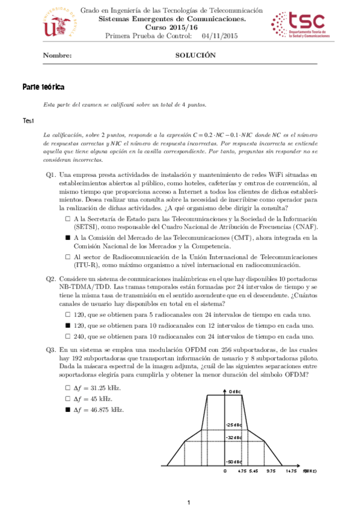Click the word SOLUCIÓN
195,55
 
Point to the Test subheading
28,121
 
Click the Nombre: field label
58,55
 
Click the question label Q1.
51,174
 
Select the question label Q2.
51,278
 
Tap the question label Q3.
51,349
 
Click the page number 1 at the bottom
188,502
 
